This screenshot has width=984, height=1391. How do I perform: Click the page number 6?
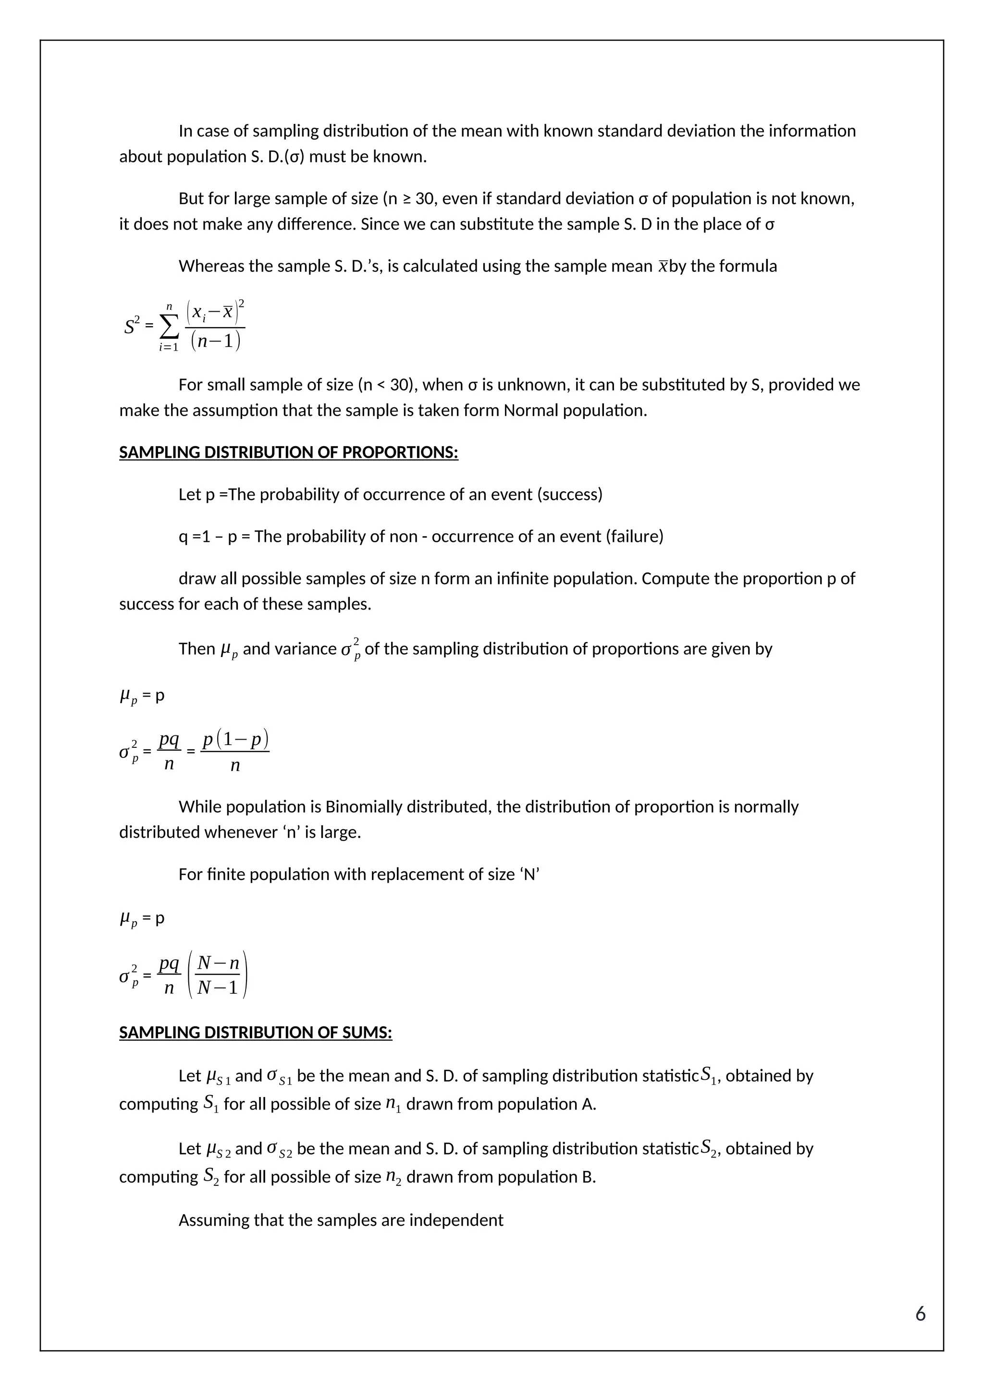[920, 1314]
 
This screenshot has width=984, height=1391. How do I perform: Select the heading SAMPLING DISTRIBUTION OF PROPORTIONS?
[288, 452]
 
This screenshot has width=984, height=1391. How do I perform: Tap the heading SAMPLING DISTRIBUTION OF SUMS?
[255, 1032]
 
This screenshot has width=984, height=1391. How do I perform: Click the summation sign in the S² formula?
[169, 328]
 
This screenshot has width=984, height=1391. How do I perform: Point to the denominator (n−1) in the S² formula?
[215, 341]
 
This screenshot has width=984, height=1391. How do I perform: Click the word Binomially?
[362, 807]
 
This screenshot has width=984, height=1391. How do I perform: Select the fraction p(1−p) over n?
[235, 752]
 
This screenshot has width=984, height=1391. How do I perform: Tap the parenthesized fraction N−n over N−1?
[218, 976]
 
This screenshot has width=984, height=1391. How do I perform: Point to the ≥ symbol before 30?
[406, 199]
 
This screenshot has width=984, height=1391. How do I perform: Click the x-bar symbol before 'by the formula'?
[663, 266]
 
